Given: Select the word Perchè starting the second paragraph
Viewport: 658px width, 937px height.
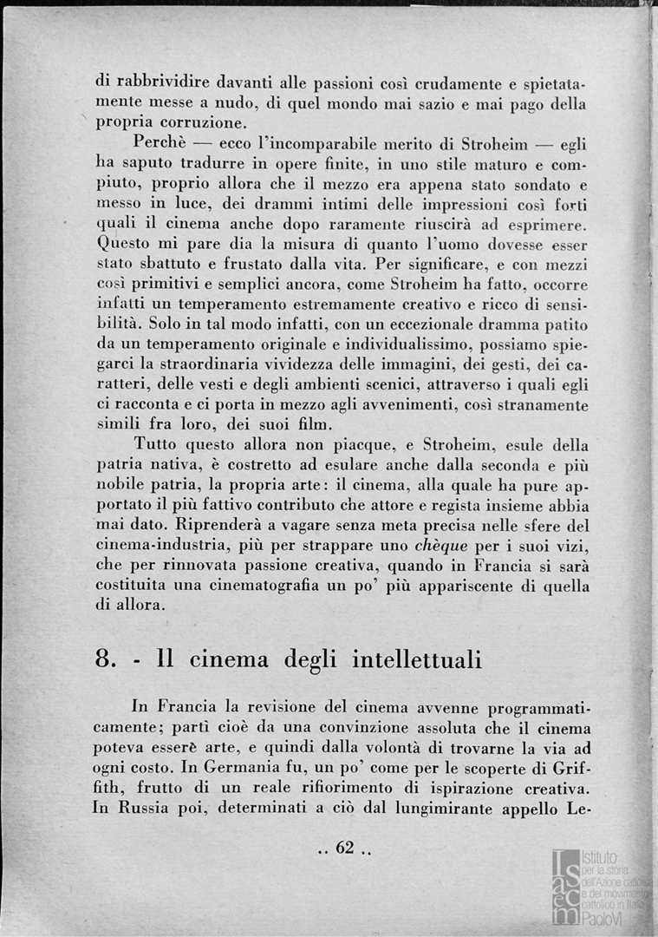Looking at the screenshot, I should (x=162, y=143).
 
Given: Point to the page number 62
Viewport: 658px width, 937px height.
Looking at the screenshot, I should (x=345, y=848).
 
